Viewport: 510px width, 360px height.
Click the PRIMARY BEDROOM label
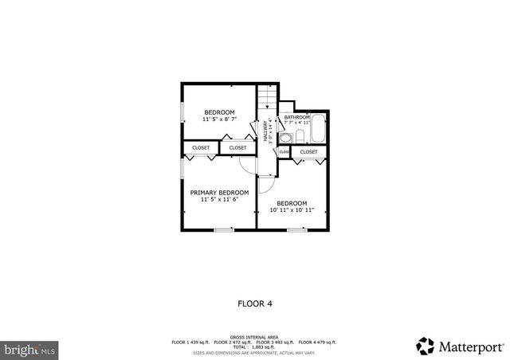(x=219, y=192)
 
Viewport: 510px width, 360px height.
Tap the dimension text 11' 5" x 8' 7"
(x=219, y=119)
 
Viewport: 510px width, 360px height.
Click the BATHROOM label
(x=297, y=116)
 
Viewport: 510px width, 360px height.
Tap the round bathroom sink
(x=284, y=138)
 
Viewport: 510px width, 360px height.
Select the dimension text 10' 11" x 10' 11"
(x=292, y=210)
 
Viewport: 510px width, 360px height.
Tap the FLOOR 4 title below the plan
(x=255, y=303)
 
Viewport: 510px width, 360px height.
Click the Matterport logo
(x=460, y=346)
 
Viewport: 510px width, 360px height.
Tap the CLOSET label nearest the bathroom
(x=308, y=151)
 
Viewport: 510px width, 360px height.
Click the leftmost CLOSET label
(x=201, y=147)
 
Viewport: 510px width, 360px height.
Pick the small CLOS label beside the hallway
(x=284, y=151)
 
